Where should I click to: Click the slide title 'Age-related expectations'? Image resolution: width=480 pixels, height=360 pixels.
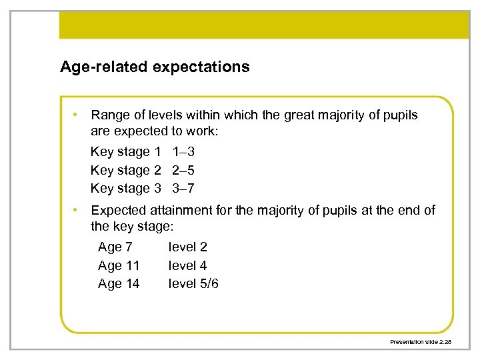tap(155, 67)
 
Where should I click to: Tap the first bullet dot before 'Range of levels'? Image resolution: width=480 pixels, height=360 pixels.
tap(78, 115)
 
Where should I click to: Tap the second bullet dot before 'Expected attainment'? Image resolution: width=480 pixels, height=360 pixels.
tap(78, 210)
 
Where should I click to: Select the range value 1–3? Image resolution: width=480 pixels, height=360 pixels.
tap(183, 152)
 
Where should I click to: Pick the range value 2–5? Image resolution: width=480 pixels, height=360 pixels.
tap(183, 170)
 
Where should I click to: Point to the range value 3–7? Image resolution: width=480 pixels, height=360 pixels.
tap(183, 188)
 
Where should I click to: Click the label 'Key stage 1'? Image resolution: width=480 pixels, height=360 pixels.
tap(125, 152)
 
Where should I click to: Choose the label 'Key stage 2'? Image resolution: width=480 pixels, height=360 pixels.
tap(125, 170)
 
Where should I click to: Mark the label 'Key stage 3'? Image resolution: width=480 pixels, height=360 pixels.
tap(125, 188)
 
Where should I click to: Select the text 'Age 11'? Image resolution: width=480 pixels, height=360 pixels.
tap(119, 265)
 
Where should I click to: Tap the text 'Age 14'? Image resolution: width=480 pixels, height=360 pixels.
tap(119, 283)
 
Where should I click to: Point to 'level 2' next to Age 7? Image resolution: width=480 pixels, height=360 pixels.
tap(187, 247)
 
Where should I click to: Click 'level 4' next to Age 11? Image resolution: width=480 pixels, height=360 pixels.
tap(187, 265)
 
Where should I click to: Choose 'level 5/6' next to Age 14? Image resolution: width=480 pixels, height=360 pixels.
tap(193, 283)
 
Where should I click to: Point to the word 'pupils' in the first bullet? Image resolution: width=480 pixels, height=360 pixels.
tap(398, 115)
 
